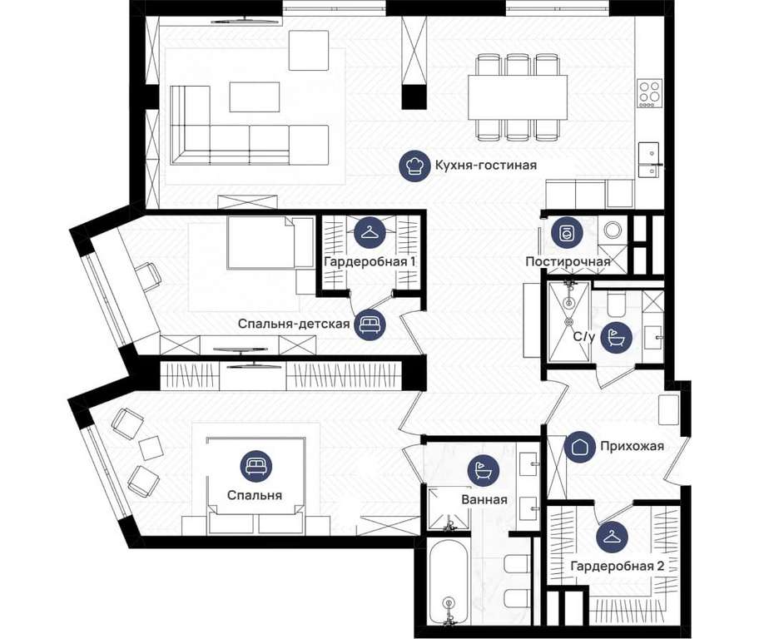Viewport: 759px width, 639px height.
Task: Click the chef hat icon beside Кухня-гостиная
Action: click(x=414, y=166)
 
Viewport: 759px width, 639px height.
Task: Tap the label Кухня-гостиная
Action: click(x=485, y=165)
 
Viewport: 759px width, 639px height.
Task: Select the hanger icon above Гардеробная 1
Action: click(x=370, y=232)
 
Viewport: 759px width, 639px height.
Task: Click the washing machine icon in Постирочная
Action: click(x=565, y=233)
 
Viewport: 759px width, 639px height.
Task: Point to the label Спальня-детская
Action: click(x=294, y=324)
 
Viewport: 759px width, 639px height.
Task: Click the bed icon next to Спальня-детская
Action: click(x=370, y=324)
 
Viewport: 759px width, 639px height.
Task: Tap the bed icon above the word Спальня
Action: click(x=256, y=466)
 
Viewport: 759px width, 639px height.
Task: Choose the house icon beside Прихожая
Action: click(x=580, y=446)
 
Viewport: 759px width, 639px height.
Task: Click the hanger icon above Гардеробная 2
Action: click(x=613, y=537)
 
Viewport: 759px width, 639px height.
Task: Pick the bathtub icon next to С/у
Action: click(x=616, y=337)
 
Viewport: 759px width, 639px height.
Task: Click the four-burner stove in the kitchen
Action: click(x=650, y=93)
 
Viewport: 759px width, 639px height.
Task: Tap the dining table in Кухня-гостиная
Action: click(x=518, y=98)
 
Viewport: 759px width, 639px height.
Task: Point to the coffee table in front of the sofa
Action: click(x=255, y=97)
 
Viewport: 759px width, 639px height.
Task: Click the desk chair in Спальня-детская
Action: click(x=149, y=276)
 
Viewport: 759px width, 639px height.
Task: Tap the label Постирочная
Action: click(x=568, y=262)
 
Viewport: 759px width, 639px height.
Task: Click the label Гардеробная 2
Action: click(x=618, y=567)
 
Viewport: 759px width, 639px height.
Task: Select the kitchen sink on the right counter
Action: click(x=648, y=161)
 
